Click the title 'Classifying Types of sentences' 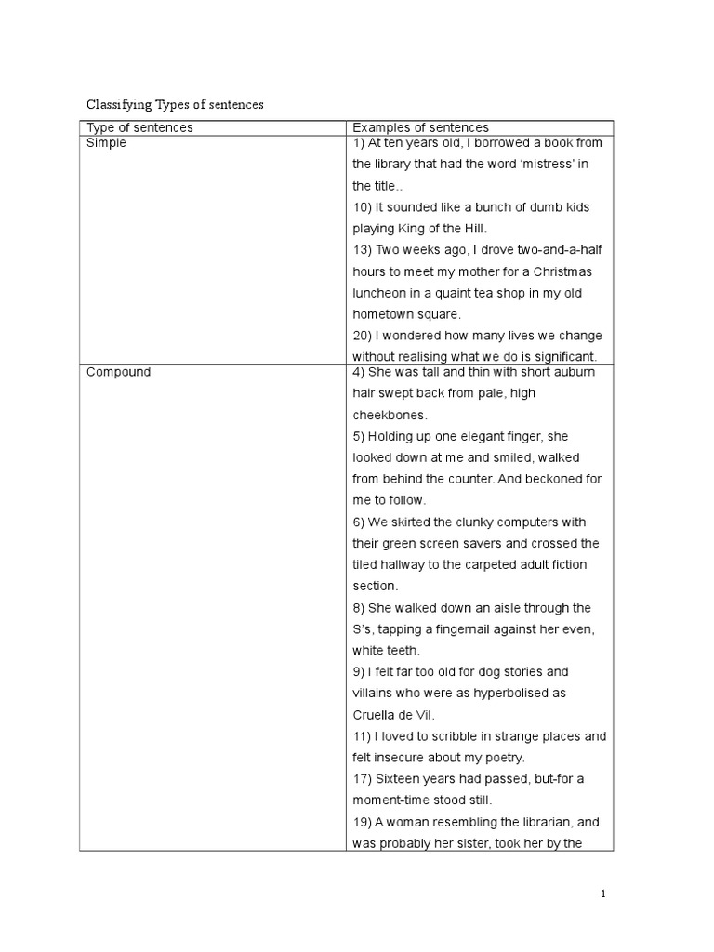pyautogui.click(x=176, y=105)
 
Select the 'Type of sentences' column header pyautogui.click(x=139, y=127)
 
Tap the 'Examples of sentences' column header pyautogui.click(x=420, y=127)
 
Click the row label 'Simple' pyautogui.click(x=106, y=143)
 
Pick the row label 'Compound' pyautogui.click(x=118, y=372)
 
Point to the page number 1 pyautogui.click(x=602, y=894)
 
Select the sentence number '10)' pyautogui.click(x=363, y=207)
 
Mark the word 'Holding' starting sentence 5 pyautogui.click(x=396, y=436)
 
